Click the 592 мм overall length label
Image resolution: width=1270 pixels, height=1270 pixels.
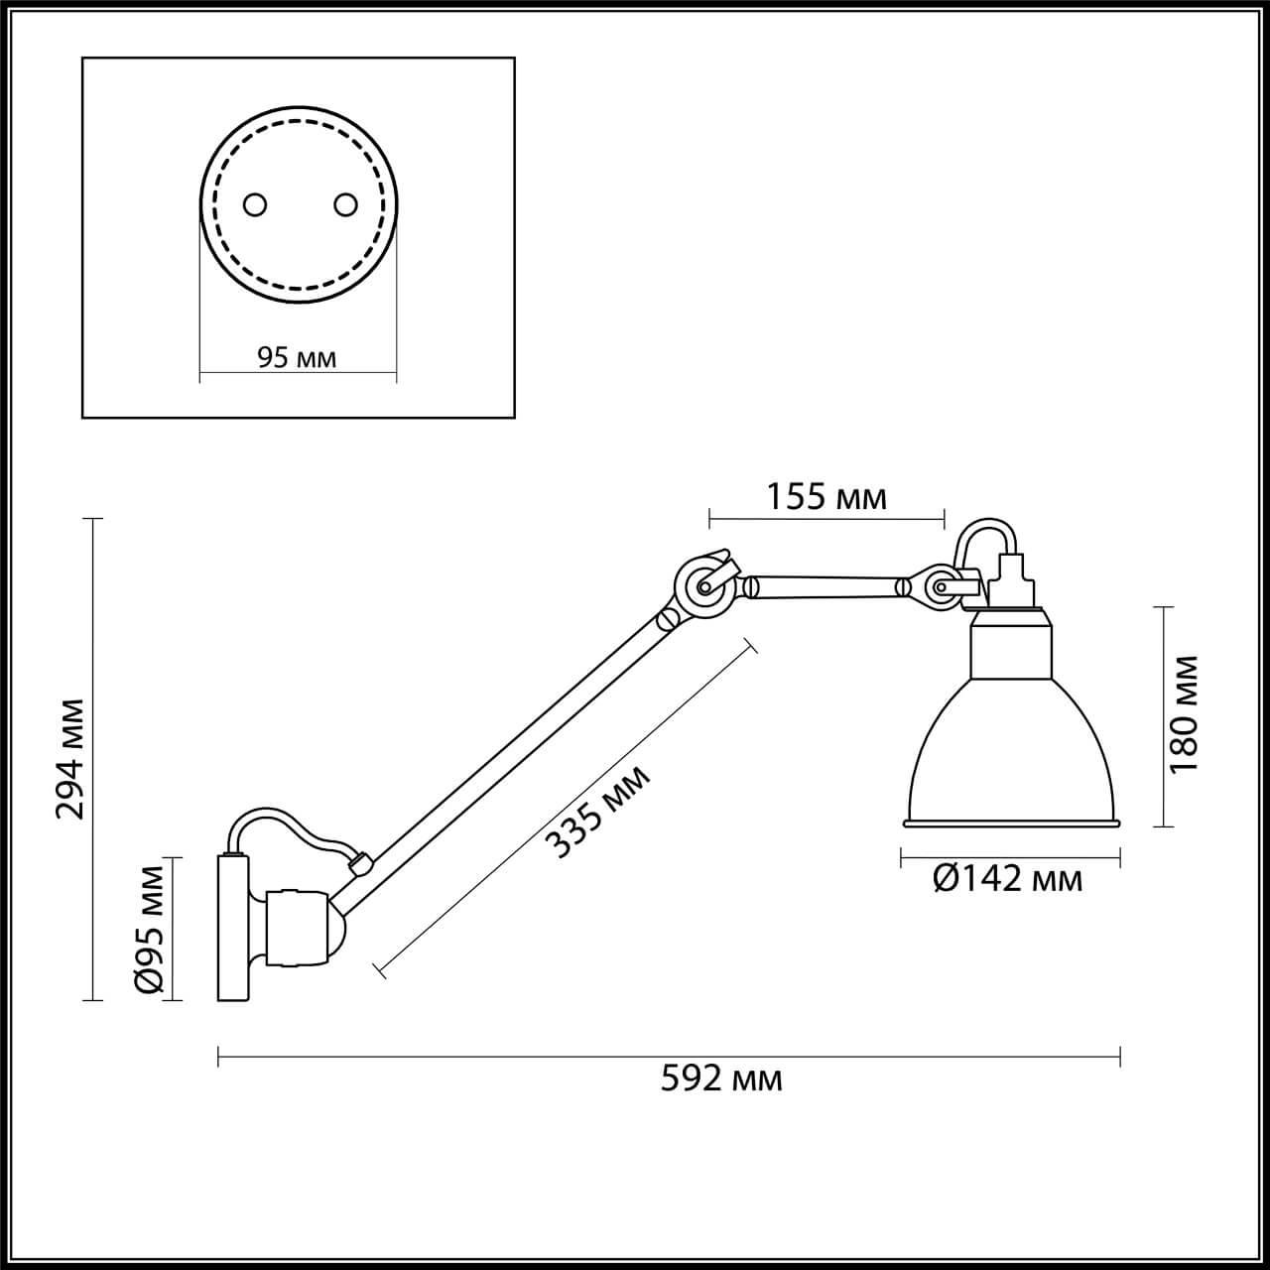point(721,1079)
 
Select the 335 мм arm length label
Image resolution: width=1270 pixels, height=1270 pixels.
point(600,812)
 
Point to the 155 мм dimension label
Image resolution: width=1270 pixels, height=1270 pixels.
point(826,496)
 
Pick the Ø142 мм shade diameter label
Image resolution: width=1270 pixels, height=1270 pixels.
point(1008,878)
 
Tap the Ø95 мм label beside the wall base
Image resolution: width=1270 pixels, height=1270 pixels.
point(149,929)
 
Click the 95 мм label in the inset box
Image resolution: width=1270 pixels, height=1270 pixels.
point(297,357)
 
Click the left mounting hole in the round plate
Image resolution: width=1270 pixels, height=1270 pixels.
point(255,204)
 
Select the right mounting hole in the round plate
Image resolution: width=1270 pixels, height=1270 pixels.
point(344,204)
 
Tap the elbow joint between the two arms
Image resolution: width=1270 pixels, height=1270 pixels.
point(704,587)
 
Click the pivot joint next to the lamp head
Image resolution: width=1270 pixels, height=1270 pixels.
point(937,588)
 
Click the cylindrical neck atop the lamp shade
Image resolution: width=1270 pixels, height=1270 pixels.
point(1010,645)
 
